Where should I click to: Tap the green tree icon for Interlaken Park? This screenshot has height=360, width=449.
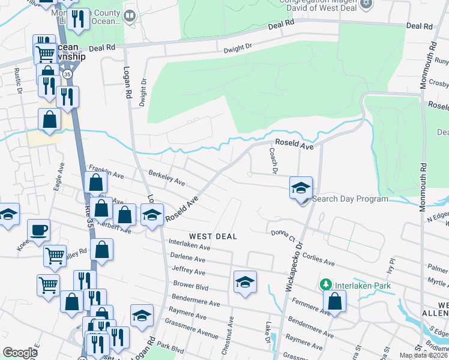point(326,284)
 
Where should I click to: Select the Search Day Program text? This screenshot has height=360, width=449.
point(350,199)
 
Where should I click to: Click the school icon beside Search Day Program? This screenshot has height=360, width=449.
point(301,188)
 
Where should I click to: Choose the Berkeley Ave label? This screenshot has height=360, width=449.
point(166,178)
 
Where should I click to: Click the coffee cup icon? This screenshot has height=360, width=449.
point(39,229)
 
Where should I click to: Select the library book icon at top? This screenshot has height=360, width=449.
point(130,15)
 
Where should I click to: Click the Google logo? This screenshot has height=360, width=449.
point(20,353)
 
